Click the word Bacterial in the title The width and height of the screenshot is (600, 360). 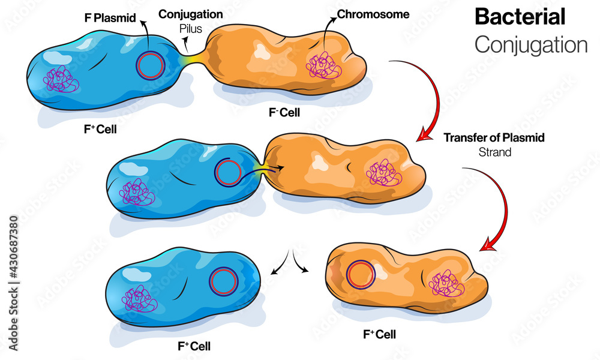[520, 16]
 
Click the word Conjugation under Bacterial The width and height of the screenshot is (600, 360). [530, 44]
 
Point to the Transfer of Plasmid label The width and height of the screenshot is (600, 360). [494, 137]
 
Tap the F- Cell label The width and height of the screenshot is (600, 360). [286, 112]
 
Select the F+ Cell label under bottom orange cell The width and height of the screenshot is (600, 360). [379, 334]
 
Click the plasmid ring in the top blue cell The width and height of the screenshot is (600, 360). [149, 65]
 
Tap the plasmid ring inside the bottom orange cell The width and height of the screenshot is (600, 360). [362, 274]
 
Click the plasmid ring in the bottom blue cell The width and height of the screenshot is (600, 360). [223, 280]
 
